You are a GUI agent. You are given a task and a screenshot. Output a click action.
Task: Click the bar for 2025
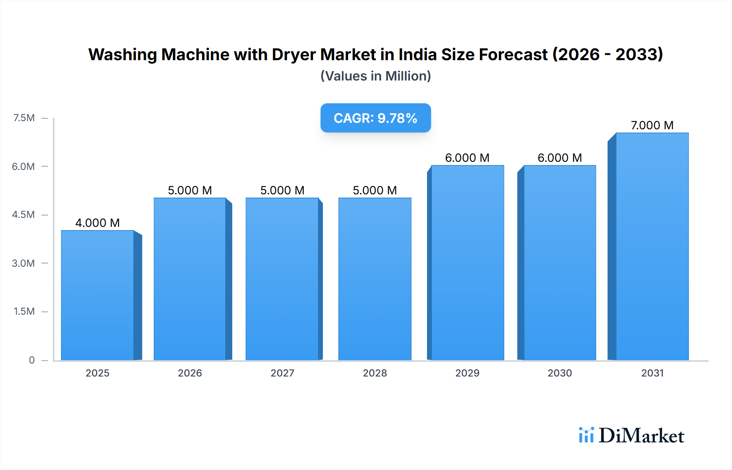tap(98, 296)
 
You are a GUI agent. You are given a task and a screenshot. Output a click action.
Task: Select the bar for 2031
tap(652, 247)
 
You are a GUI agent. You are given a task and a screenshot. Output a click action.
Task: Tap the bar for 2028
tap(375, 279)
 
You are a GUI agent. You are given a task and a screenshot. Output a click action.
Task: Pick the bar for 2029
tap(467, 263)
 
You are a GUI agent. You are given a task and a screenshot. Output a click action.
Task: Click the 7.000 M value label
tap(652, 125)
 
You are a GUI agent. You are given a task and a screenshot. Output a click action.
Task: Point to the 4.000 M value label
tap(98, 223)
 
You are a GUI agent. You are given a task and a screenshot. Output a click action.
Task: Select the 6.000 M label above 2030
tap(560, 158)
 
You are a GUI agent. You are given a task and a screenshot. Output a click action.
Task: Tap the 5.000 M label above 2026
tap(190, 190)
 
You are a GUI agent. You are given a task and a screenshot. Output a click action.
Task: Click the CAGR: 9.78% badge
tap(375, 118)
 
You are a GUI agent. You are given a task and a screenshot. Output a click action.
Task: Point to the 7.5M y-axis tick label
tap(24, 118)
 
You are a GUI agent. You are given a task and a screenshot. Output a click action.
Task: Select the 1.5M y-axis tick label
tap(24, 311)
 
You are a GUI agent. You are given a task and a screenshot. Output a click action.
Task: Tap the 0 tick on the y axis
tap(32, 360)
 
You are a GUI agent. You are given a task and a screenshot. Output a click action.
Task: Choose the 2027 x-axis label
tap(282, 373)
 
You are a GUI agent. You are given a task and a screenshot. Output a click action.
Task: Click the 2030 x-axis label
tap(560, 373)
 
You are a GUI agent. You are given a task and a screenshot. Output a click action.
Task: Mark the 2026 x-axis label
tap(190, 373)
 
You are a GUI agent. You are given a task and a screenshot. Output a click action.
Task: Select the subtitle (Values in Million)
tap(375, 76)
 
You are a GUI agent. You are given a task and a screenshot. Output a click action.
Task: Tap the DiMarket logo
tap(632, 435)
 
